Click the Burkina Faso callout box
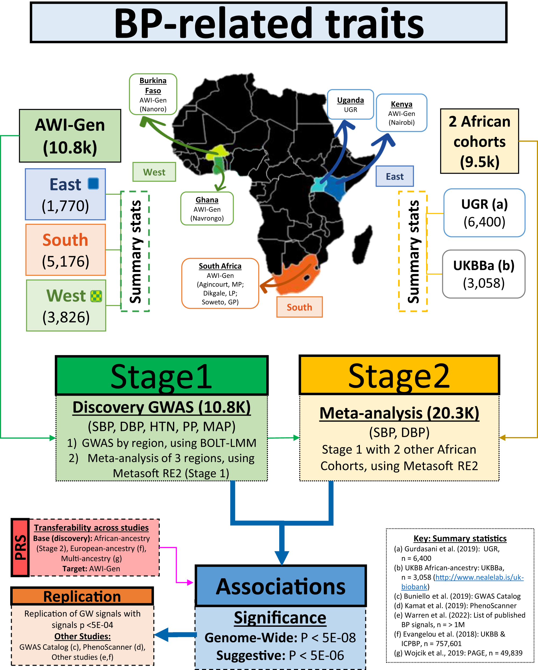click(x=153, y=94)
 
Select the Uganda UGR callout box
click(x=350, y=104)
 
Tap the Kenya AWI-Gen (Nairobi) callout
click(x=401, y=113)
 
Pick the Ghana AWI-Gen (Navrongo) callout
click(x=207, y=208)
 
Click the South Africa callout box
click(x=220, y=283)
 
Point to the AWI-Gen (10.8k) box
click(x=70, y=136)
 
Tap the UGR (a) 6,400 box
click(x=484, y=213)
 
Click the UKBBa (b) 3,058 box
click(x=484, y=274)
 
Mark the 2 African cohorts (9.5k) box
click(x=479, y=141)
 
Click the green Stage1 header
click(x=162, y=376)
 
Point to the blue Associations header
click(x=281, y=586)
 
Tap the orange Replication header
click(x=82, y=596)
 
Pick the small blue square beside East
click(x=93, y=183)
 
